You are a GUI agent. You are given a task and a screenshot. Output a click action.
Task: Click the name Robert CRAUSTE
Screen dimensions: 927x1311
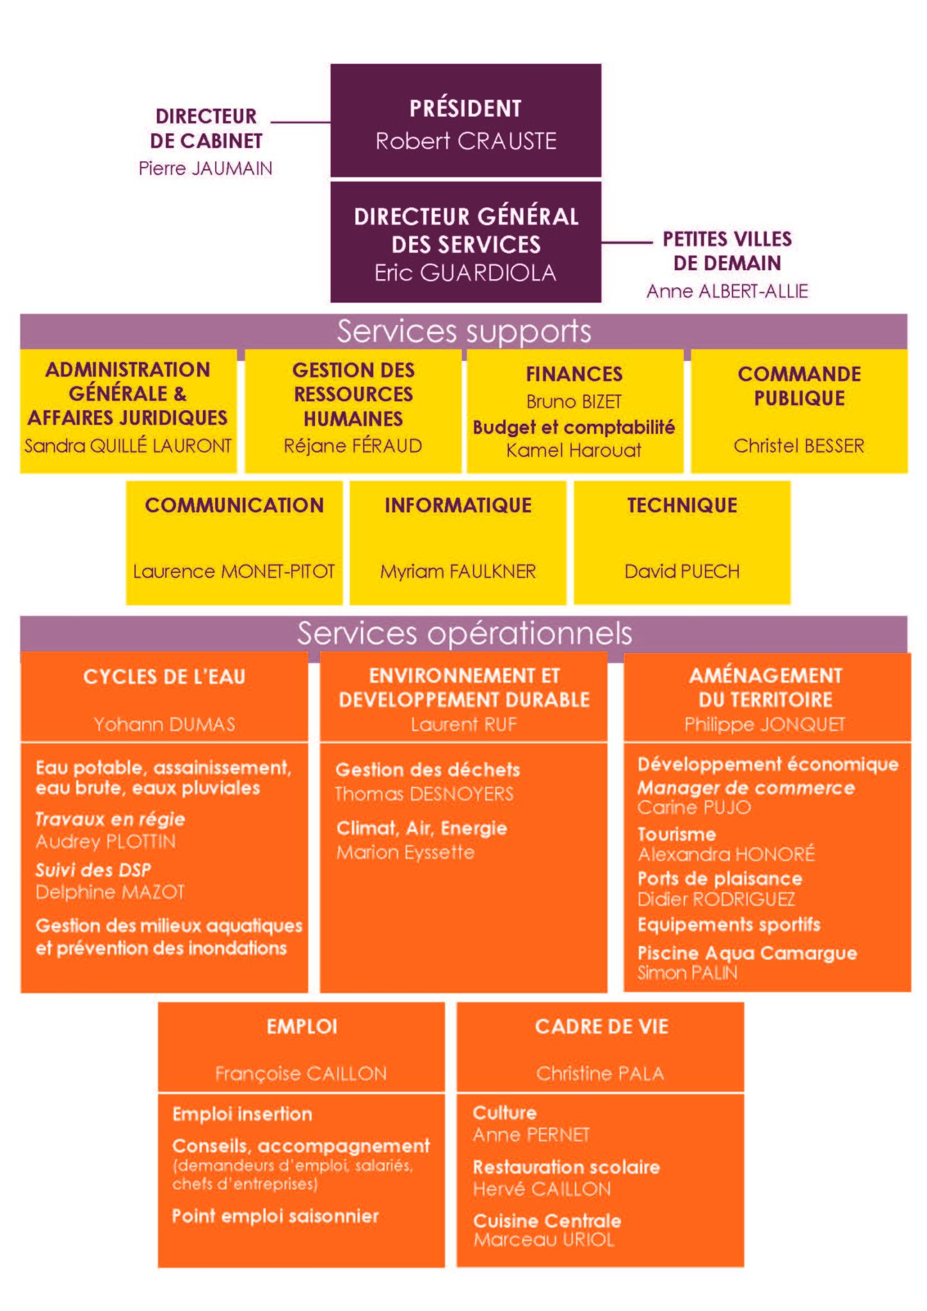[x=465, y=141]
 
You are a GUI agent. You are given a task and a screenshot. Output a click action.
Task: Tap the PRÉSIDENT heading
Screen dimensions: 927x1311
[x=465, y=108]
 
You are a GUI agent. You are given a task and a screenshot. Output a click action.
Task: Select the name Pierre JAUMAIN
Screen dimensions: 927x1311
[x=206, y=168]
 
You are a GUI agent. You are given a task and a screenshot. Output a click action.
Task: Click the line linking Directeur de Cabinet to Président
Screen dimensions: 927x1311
[x=301, y=122]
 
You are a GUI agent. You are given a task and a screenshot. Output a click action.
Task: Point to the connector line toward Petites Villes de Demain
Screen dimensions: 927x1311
[x=627, y=243]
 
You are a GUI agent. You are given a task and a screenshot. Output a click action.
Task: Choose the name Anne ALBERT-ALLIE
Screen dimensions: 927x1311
[x=727, y=291]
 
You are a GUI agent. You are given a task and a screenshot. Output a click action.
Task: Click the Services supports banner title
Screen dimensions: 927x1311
[x=464, y=331]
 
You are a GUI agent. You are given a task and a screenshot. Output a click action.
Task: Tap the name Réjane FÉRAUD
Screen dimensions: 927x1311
[x=353, y=446]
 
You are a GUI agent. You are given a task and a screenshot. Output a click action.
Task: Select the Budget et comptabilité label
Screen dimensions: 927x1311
[x=574, y=427]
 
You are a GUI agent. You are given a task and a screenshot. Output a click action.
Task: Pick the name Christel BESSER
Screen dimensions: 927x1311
[x=799, y=446]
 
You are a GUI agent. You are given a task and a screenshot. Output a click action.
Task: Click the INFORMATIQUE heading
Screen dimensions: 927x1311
[x=458, y=505]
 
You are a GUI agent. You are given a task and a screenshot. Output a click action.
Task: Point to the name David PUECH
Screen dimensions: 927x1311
[x=682, y=571]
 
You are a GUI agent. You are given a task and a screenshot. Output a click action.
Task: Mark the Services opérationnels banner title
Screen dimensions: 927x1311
[x=464, y=633]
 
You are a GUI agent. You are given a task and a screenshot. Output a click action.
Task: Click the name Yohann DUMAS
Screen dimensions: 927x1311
[x=165, y=724]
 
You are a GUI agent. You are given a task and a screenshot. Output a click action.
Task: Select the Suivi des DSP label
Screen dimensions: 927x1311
[x=93, y=870]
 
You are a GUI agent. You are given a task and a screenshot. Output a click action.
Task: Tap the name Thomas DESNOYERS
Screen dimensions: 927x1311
[x=424, y=794]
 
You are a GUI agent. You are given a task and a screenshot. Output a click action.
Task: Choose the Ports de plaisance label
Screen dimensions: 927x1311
[x=720, y=879]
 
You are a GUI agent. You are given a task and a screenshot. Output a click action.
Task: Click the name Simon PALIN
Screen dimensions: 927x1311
[x=688, y=973]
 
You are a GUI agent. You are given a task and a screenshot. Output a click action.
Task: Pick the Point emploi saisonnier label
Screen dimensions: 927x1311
[x=275, y=1216]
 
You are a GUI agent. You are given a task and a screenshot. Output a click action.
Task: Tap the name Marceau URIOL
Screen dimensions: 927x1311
[x=544, y=1239]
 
